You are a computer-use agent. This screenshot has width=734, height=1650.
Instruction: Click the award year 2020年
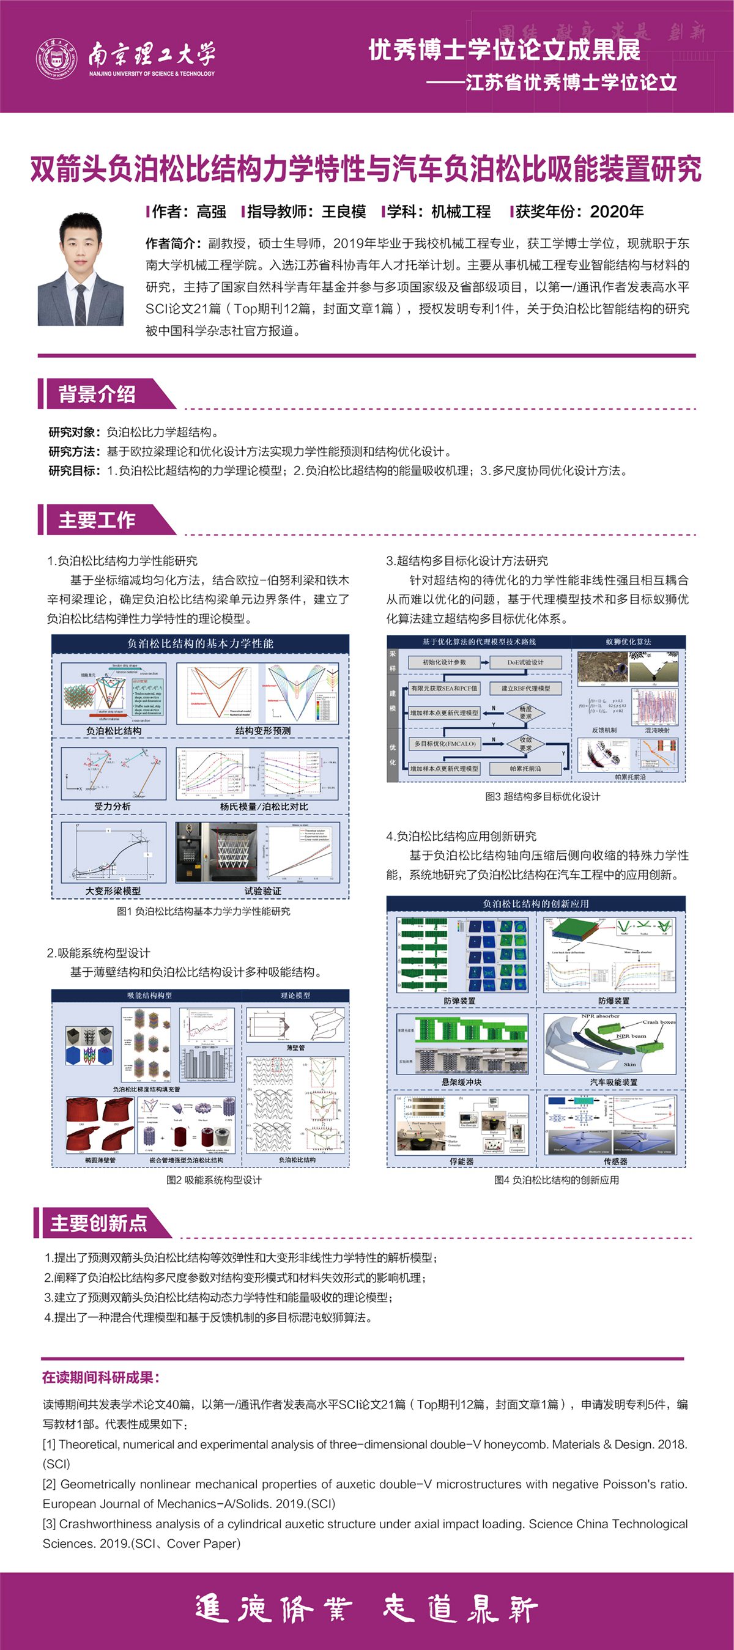pyautogui.click(x=616, y=212)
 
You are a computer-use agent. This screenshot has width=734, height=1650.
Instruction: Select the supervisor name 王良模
pyautogui.click(x=343, y=212)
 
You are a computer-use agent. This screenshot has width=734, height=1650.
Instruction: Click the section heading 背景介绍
pyautogui.click(x=97, y=394)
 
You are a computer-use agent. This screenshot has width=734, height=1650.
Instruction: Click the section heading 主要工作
pyautogui.click(x=97, y=519)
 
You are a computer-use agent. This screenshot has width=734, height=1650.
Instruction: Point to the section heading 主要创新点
pyautogui.click(x=98, y=1223)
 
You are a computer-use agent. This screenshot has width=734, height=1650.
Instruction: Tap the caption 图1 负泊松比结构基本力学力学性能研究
pyautogui.click(x=203, y=911)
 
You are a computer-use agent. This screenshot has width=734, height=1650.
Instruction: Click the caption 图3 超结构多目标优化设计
pyautogui.click(x=543, y=796)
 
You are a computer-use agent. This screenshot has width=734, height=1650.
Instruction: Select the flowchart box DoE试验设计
pyautogui.click(x=525, y=662)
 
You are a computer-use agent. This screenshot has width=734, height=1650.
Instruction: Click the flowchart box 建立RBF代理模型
pyautogui.click(x=525, y=688)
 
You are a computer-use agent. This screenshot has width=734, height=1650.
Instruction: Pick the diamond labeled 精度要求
pyautogui.click(x=525, y=712)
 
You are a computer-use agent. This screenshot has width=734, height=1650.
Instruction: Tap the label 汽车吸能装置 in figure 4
pyautogui.click(x=613, y=1082)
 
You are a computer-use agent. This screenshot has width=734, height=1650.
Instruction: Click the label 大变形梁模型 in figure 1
pyautogui.click(x=113, y=890)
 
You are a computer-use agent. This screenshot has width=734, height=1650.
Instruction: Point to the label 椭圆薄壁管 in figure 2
pyautogui.click(x=100, y=1160)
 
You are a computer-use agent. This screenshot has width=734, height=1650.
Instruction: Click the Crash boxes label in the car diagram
pyautogui.click(x=658, y=1023)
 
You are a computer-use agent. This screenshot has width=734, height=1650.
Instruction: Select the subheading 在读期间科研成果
pyautogui.click(x=100, y=1377)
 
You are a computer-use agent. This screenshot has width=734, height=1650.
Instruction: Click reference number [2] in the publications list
pyautogui.click(x=50, y=1484)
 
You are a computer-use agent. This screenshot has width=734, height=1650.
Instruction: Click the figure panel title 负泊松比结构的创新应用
pyautogui.click(x=535, y=903)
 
